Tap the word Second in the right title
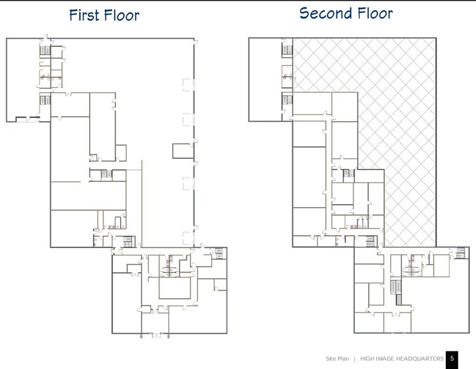(x=325, y=13)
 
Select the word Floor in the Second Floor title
(x=375, y=13)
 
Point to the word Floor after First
(x=122, y=15)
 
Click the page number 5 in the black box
(x=452, y=358)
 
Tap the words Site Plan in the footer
(x=337, y=359)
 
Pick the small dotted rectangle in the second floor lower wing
(x=398, y=300)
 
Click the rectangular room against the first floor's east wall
(x=183, y=151)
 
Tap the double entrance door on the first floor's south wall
(x=156, y=334)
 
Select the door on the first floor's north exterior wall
(x=46, y=38)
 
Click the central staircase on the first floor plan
(x=104, y=174)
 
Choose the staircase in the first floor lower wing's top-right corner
(x=219, y=253)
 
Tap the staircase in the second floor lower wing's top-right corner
(x=461, y=253)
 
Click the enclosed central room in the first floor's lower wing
(x=174, y=288)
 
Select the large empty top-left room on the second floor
(x=265, y=80)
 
